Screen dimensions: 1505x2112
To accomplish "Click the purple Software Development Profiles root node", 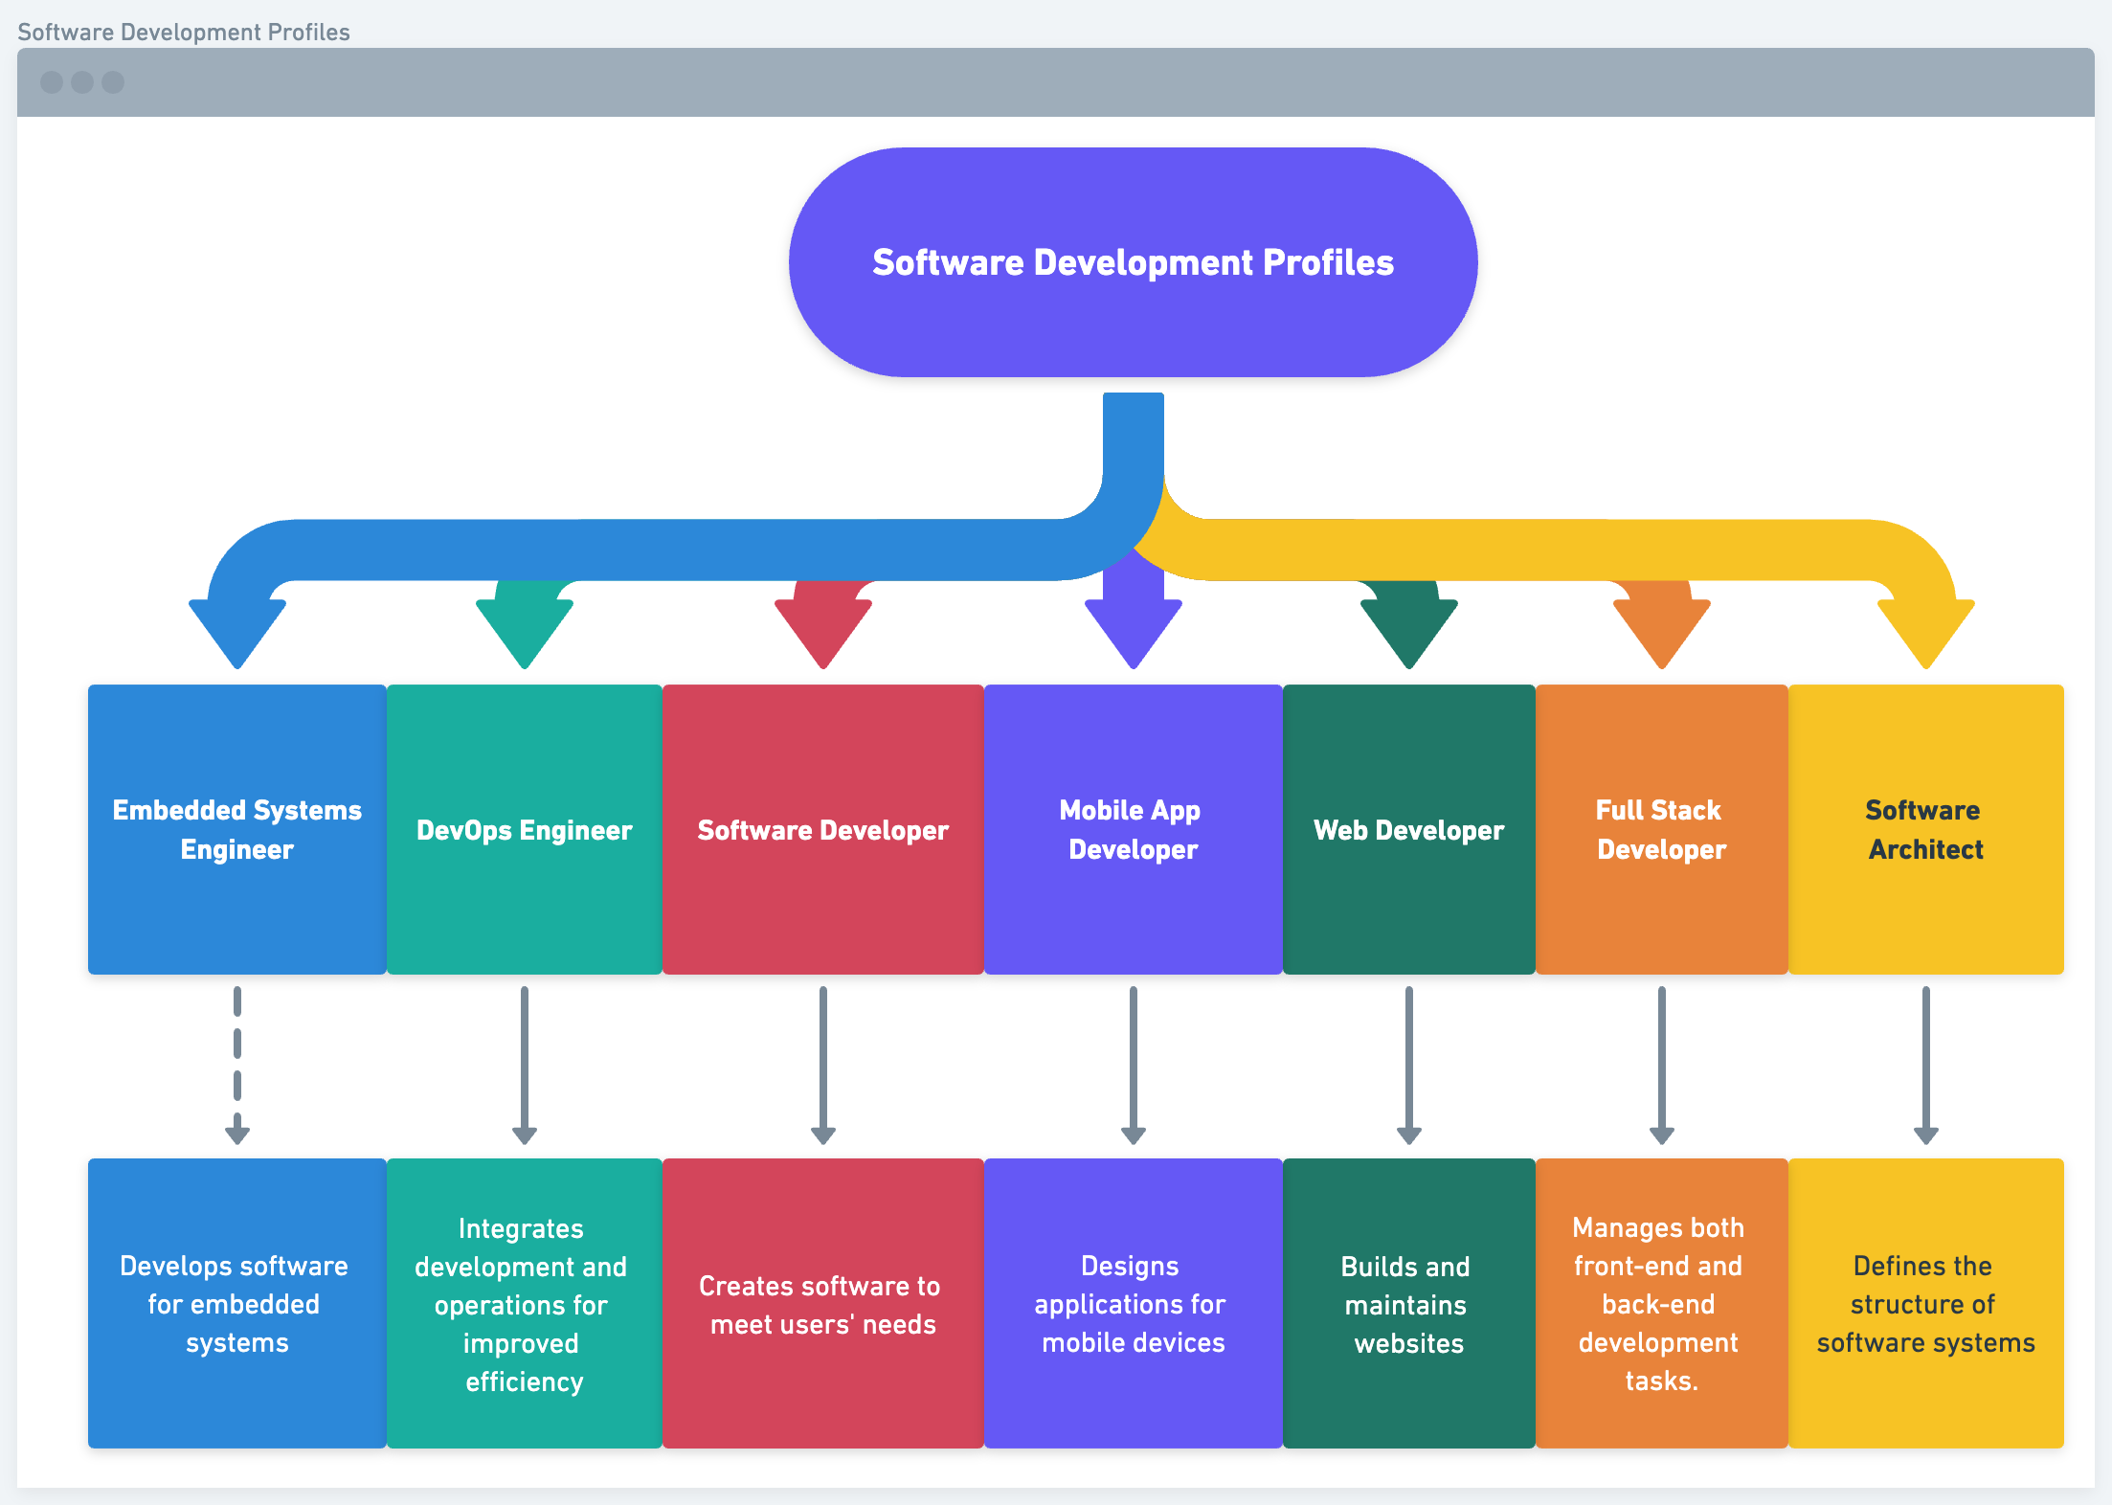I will [x=1133, y=262].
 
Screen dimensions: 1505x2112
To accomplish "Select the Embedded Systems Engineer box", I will [x=237, y=829].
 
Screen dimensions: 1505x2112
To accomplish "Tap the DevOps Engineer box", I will [x=525, y=829].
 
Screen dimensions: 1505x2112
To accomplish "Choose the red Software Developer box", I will [x=822, y=829].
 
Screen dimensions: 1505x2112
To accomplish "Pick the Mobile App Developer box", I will [x=1133, y=829].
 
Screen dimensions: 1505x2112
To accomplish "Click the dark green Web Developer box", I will [x=1408, y=829].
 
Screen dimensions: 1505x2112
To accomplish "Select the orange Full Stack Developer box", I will [x=1661, y=829].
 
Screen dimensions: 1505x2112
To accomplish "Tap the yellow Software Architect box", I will [x=1925, y=829].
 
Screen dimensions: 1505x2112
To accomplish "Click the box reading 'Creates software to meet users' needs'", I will [x=822, y=1304].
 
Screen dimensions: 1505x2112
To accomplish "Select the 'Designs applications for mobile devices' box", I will [x=1133, y=1304].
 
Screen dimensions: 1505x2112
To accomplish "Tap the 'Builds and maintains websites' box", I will [x=1408, y=1304].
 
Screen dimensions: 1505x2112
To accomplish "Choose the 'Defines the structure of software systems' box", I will [x=1925, y=1304].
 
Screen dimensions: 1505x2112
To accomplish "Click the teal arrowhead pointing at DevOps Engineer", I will [x=525, y=627].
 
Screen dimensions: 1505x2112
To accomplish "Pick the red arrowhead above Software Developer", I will [x=822, y=627].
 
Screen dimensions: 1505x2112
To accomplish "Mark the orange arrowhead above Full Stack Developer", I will [x=1661, y=627].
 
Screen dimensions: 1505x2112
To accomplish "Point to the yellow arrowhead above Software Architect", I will [x=1925, y=627].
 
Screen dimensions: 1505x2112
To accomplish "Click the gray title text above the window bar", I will [x=184, y=32].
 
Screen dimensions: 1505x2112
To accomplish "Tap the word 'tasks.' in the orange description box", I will [x=1661, y=1381].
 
